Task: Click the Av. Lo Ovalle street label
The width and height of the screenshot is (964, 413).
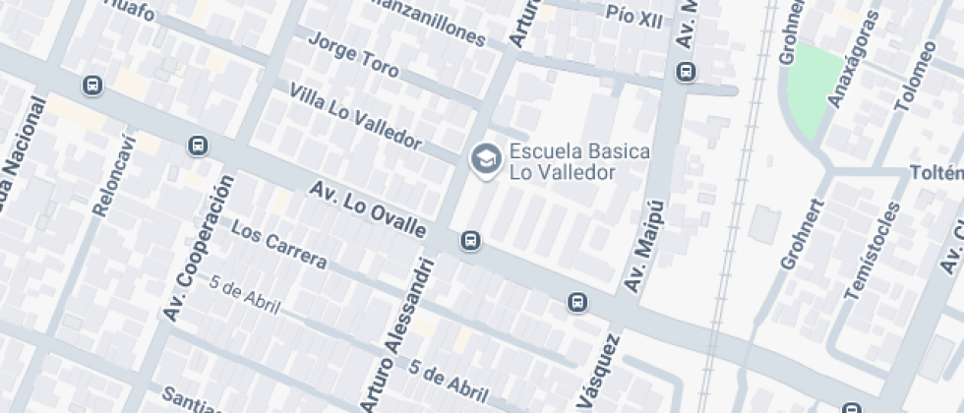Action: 368,208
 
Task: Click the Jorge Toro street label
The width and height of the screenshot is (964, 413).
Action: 353,56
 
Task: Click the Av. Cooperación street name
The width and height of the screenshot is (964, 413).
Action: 200,248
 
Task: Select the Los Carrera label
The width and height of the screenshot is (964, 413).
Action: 280,247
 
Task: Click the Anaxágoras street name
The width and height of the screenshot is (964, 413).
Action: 850,60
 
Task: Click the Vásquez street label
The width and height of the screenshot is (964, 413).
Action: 597,375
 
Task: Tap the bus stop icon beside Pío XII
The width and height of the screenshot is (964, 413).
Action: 685,72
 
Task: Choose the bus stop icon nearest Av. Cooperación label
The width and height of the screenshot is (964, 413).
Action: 198,147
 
